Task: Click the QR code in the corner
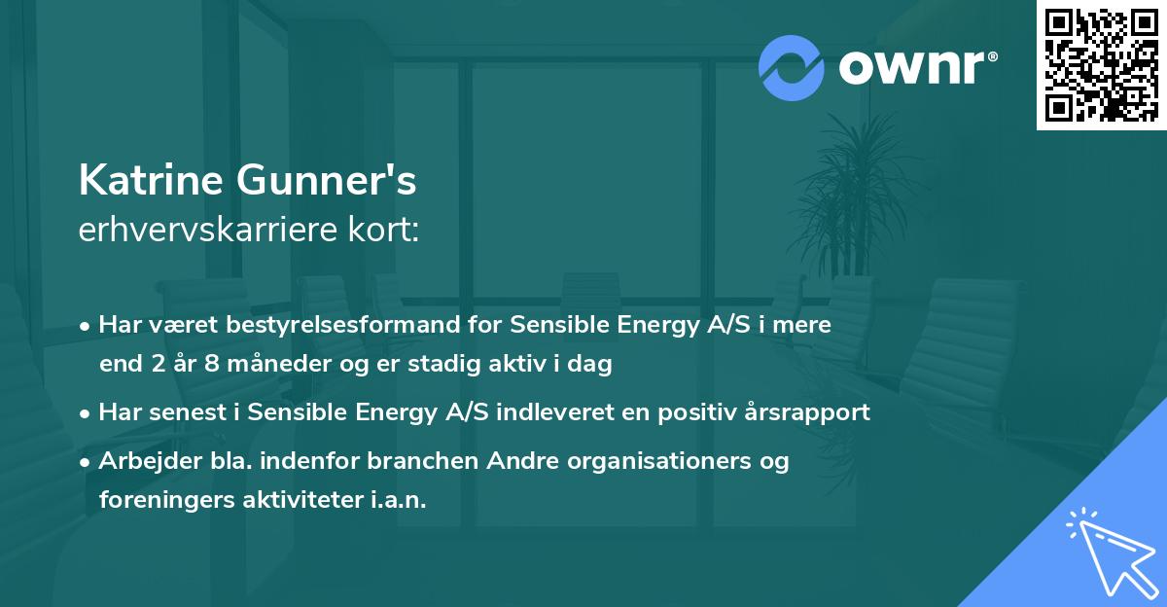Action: pos(1102,65)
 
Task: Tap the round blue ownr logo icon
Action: pos(792,68)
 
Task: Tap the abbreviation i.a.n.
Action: pos(401,500)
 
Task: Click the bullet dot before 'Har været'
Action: pos(87,326)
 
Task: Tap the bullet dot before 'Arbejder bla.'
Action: pos(87,462)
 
